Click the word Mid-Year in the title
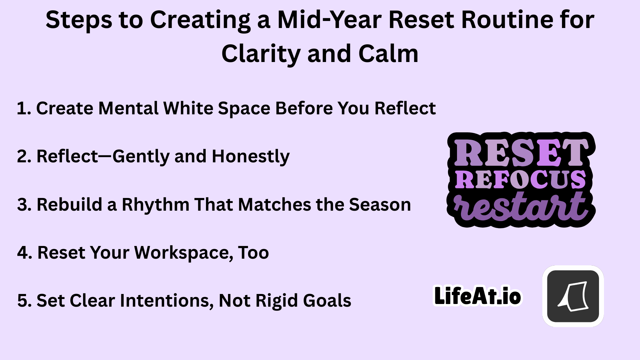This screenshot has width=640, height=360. pyautogui.click(x=329, y=20)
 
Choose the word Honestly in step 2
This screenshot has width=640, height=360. pyautogui.click(x=251, y=156)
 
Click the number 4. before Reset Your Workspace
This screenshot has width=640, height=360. pyautogui.click(x=25, y=252)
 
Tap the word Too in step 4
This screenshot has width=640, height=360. pyautogui.click(x=253, y=253)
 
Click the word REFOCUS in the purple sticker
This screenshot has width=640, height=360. pyautogui.click(x=520, y=180)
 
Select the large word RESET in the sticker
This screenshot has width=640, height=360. pyautogui.click(x=519, y=153)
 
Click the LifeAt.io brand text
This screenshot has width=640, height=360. pyautogui.click(x=477, y=296)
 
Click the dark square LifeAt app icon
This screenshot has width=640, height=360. pyautogui.click(x=573, y=296)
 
